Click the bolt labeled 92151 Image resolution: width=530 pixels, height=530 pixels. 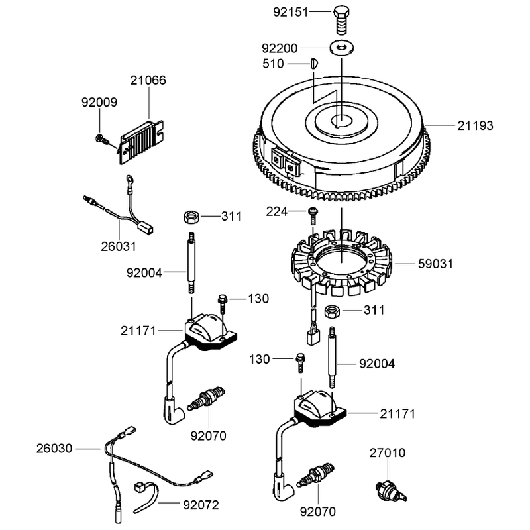[341, 20]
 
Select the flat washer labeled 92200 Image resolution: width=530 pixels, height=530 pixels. [342, 47]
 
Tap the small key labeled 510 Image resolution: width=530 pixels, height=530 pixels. [314, 64]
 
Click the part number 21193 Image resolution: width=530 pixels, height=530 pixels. [475, 125]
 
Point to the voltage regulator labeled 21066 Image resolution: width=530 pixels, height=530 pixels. [142, 142]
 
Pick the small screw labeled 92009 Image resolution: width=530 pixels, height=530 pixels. [101, 139]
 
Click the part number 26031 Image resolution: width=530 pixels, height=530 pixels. [119, 246]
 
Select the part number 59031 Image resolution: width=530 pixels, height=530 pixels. [435, 264]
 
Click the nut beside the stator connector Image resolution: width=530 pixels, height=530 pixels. [332, 311]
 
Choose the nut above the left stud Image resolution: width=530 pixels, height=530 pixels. [191, 217]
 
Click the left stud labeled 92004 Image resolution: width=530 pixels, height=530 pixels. [191, 262]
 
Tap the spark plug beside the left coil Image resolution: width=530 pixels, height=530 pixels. [207, 399]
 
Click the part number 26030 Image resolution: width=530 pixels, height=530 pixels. [54, 449]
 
